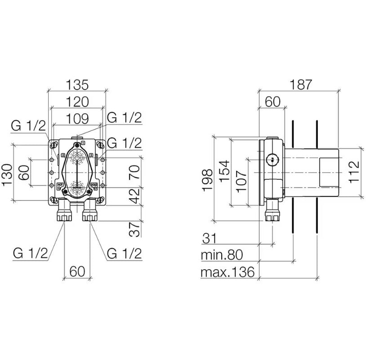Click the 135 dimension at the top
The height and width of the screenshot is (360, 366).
[77, 84]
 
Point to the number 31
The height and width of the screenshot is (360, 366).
[210, 238]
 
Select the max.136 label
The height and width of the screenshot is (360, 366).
[228, 272]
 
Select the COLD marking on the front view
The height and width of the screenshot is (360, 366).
[94, 184]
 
